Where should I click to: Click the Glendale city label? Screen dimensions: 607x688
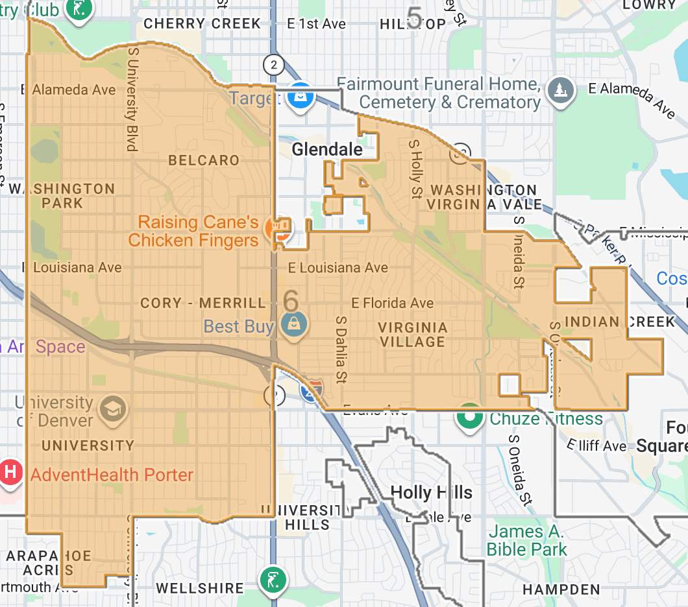pyautogui.click(x=327, y=150)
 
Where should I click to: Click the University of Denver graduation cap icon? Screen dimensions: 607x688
pyautogui.click(x=113, y=409)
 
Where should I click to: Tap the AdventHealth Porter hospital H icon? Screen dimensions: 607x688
pyautogui.click(x=10, y=472)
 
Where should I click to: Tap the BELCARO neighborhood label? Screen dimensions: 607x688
pyautogui.click(x=204, y=160)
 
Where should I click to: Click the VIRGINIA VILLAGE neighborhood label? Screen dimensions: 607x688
pyautogui.click(x=413, y=335)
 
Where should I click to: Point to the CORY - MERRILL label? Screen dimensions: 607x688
pyautogui.click(x=203, y=303)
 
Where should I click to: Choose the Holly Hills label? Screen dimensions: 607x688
pyautogui.click(x=431, y=492)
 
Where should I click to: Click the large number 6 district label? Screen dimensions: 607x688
pyautogui.click(x=291, y=301)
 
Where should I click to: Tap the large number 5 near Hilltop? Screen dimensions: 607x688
pyautogui.click(x=413, y=14)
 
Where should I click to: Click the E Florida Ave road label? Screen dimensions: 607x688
pyautogui.click(x=393, y=303)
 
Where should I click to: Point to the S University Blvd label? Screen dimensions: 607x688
pyautogui.click(x=132, y=98)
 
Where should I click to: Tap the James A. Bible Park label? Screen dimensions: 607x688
pyautogui.click(x=526, y=541)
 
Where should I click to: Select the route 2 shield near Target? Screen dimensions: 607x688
pyautogui.click(x=274, y=64)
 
